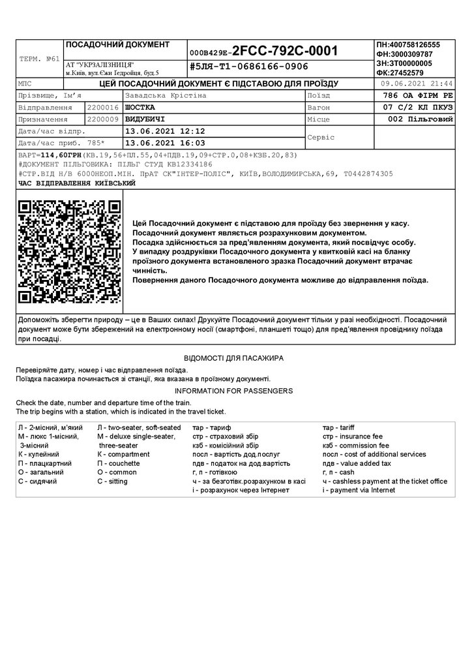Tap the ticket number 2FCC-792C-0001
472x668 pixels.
[285, 51]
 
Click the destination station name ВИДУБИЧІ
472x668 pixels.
[144, 119]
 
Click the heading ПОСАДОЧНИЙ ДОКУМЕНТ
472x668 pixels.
[117, 44]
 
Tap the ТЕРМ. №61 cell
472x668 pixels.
[40, 59]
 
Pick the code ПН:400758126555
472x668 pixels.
[408, 44]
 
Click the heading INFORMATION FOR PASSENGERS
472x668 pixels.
[233, 391]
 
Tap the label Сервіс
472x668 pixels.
[321, 138]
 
